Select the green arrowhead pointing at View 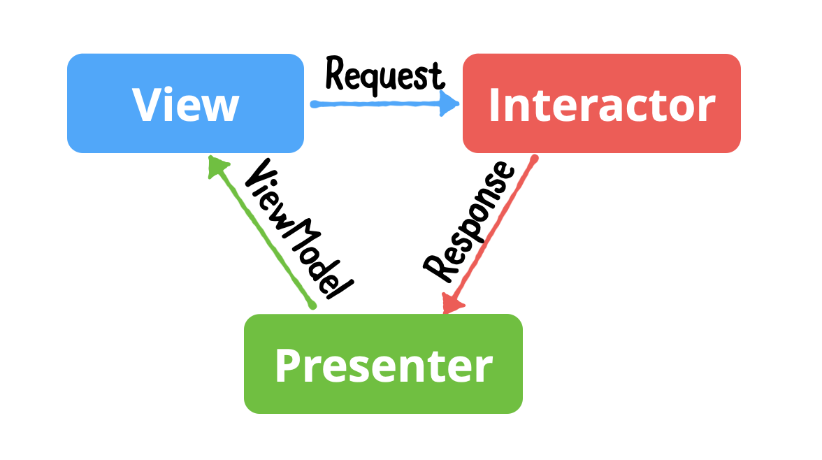(218, 166)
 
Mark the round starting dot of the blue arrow (314, 105)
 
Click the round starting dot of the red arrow (534, 159)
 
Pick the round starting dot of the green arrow (312, 306)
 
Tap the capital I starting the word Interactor (494, 106)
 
